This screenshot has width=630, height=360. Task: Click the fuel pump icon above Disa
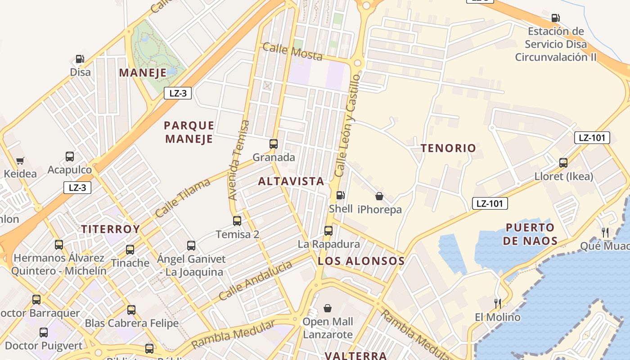tap(80, 59)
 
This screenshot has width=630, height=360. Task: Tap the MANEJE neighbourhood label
tap(143, 73)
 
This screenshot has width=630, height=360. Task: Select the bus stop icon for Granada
tap(273, 144)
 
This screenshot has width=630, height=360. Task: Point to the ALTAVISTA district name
tap(291, 181)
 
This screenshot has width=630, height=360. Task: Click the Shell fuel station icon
tap(341, 195)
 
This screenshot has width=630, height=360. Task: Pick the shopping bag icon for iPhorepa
tap(379, 196)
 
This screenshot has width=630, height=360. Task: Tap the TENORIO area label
tap(448, 148)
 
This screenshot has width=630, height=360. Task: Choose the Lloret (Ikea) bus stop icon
tap(563, 163)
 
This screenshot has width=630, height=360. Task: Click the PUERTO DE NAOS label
tap(530, 234)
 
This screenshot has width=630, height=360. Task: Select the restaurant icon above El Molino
tap(498, 303)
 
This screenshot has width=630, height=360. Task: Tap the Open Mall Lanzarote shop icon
tap(328, 308)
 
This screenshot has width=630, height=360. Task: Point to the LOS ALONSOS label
tap(361, 261)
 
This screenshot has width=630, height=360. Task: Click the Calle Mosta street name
tap(292, 51)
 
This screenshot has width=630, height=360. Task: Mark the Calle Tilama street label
tap(183, 198)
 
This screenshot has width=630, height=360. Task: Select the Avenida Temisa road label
tap(238, 160)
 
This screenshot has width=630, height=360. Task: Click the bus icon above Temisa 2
tap(237, 220)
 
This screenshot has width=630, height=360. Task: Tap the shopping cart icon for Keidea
tap(20, 161)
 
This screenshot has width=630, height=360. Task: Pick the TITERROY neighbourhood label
tap(111, 229)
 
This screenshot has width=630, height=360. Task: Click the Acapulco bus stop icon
tap(70, 157)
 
